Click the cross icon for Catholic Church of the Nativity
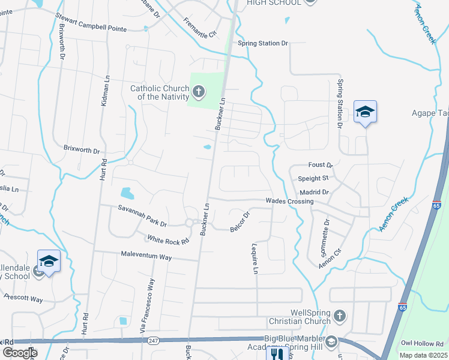199,92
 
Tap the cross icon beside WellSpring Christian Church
339,316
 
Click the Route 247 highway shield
153,340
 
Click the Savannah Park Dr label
142,214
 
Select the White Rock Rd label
168,239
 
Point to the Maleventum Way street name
146,257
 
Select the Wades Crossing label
289,202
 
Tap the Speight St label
313,178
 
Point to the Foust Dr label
320,165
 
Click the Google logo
20,353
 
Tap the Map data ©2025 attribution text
423,355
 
